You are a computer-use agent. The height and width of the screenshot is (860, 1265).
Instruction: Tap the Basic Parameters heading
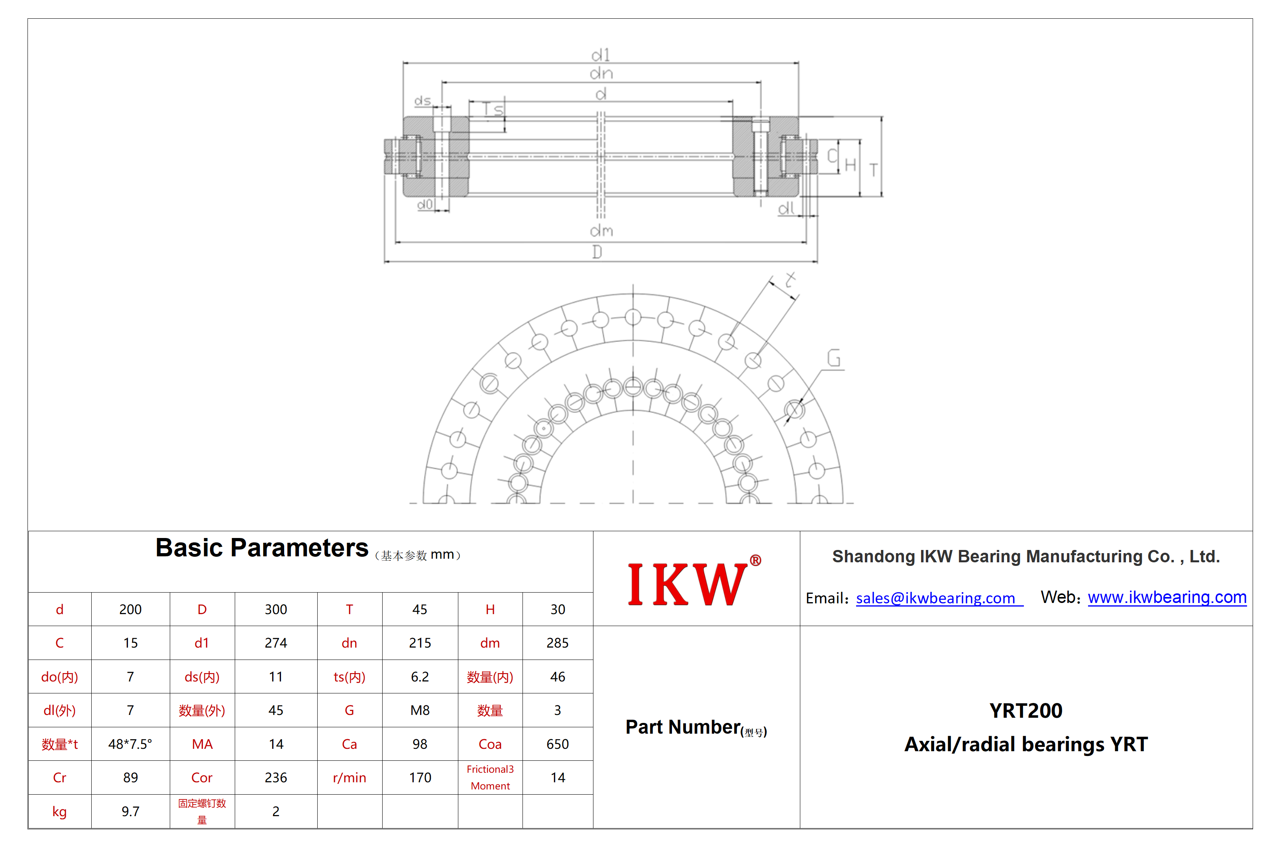pos(262,548)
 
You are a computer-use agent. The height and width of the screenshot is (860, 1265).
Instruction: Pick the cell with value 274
pos(275,643)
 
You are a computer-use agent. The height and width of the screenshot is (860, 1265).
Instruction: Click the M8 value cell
pos(420,710)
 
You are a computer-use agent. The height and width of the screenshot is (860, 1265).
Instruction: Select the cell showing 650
pos(558,744)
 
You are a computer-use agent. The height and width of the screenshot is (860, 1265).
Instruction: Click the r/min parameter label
pos(350,778)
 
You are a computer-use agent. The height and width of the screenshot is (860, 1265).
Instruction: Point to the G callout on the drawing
pos(833,358)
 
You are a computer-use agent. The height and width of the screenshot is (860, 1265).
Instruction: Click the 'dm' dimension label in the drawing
pos(601,231)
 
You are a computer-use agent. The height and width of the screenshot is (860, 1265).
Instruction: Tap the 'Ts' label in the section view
pos(493,110)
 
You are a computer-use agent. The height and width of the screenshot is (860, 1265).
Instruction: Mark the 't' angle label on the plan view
pos(790,280)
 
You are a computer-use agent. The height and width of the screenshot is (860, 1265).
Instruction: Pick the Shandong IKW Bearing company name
pos(1025,556)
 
